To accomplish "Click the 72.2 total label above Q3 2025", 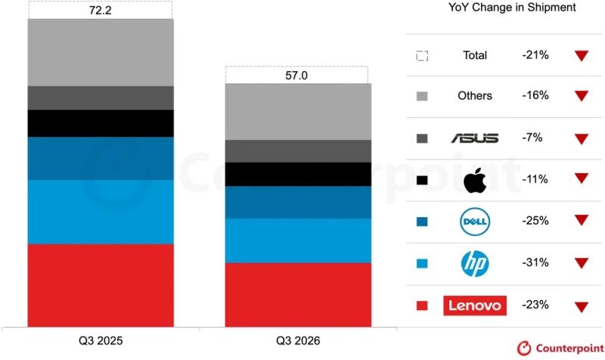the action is click(101, 11).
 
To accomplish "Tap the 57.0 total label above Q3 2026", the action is click(296, 75).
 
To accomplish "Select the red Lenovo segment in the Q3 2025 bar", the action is click(101, 286).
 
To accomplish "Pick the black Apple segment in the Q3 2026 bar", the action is click(298, 175).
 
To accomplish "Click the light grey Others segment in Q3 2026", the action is click(298, 112).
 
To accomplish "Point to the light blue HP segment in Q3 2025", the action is click(101, 213).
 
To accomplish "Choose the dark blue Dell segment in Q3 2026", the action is click(298, 203).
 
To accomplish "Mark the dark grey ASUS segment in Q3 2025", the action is click(101, 98).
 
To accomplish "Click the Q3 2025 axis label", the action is click(101, 340).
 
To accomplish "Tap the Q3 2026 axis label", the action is click(298, 340).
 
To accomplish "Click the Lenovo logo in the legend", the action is click(475, 306).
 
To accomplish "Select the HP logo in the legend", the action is click(475, 263).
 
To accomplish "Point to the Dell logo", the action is click(475, 222).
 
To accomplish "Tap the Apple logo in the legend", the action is click(475, 180).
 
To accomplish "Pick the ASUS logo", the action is click(475, 138).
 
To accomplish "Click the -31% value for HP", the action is click(535, 262).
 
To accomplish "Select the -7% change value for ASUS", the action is click(532, 138).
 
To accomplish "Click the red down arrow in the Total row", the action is click(582, 55).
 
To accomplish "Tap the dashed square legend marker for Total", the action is click(422, 56).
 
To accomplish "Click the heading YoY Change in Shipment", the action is click(512, 8).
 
